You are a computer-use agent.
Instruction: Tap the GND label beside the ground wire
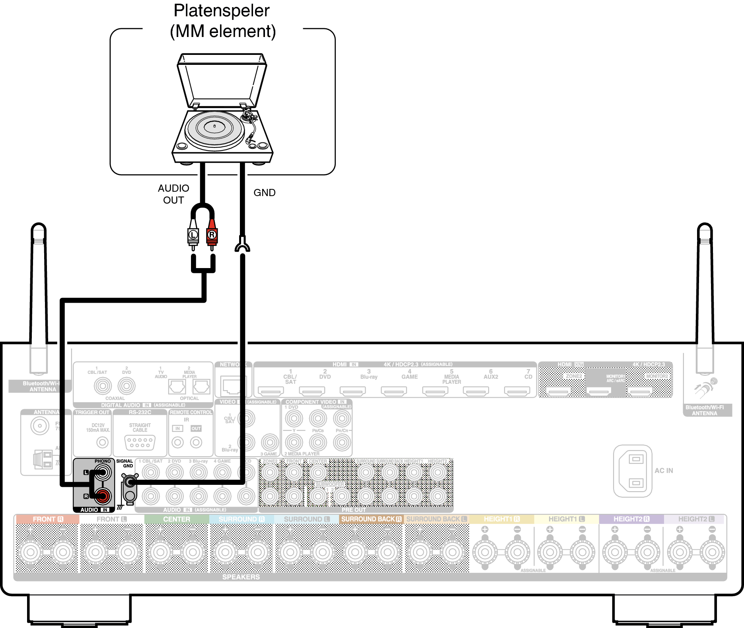pos(265,193)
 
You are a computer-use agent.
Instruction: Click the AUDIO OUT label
pos(173,194)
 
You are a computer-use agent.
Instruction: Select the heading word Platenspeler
pos(222,11)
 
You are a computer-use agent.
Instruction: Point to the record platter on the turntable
pos(214,128)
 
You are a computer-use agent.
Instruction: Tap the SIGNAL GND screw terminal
pos(129,482)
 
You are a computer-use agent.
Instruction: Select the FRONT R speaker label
pos(48,519)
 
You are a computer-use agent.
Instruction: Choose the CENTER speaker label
pos(177,519)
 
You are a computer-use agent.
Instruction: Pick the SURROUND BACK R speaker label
pos(371,519)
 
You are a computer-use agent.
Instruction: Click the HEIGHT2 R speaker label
pos(631,519)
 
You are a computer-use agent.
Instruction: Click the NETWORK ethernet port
pos(233,385)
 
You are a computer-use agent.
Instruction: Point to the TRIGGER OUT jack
pos(103,442)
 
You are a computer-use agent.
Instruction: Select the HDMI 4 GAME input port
pos(393,391)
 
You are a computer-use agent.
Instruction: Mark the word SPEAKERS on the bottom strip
pos(241,577)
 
